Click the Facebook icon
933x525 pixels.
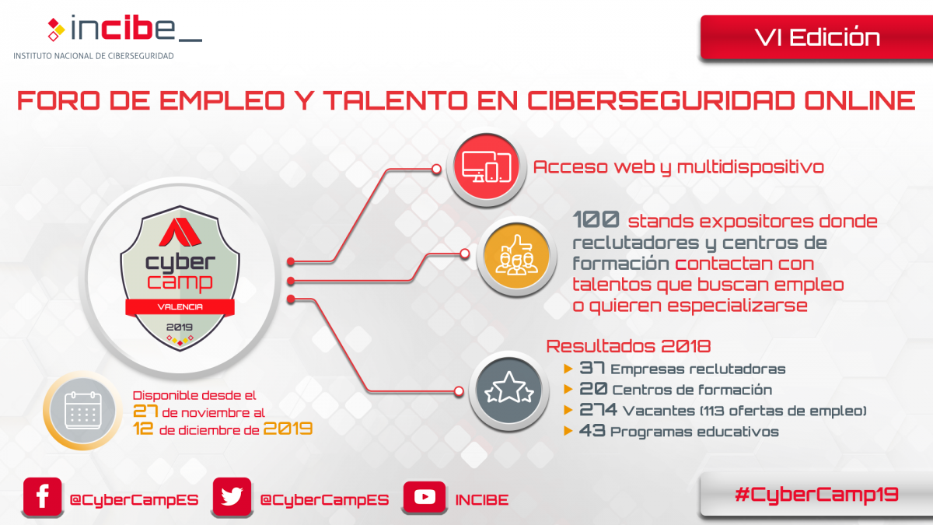[43, 497]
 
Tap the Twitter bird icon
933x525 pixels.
[232, 497]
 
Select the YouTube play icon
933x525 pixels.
[425, 497]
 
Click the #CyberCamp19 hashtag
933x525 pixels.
[816, 495]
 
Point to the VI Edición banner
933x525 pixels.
[816, 37]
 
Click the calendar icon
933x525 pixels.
[83, 411]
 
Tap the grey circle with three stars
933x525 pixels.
[508, 390]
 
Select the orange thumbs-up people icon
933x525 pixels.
[516, 256]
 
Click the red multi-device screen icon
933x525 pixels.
[487, 167]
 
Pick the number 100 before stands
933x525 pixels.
[596, 219]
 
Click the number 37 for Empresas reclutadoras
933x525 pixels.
[592, 368]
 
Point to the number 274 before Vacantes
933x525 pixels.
[598, 410]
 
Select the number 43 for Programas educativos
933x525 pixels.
[592, 430]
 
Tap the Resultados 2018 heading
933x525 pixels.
[628, 346]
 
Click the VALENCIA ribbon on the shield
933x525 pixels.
[180, 307]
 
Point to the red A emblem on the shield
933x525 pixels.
[180, 232]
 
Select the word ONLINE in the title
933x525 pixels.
[859, 100]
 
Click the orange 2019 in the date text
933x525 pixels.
[288, 429]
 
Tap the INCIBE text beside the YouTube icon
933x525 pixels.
[482, 499]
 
